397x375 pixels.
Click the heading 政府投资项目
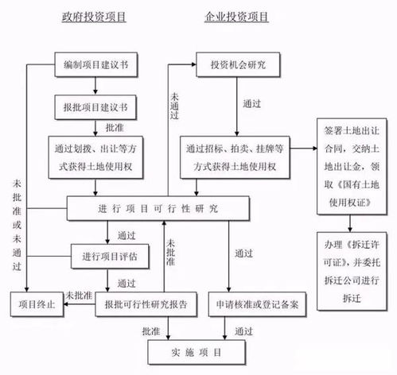[95, 17]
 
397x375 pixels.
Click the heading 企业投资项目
[235, 17]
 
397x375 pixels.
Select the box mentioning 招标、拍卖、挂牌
[235, 156]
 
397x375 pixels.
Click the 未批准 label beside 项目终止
[78, 293]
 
